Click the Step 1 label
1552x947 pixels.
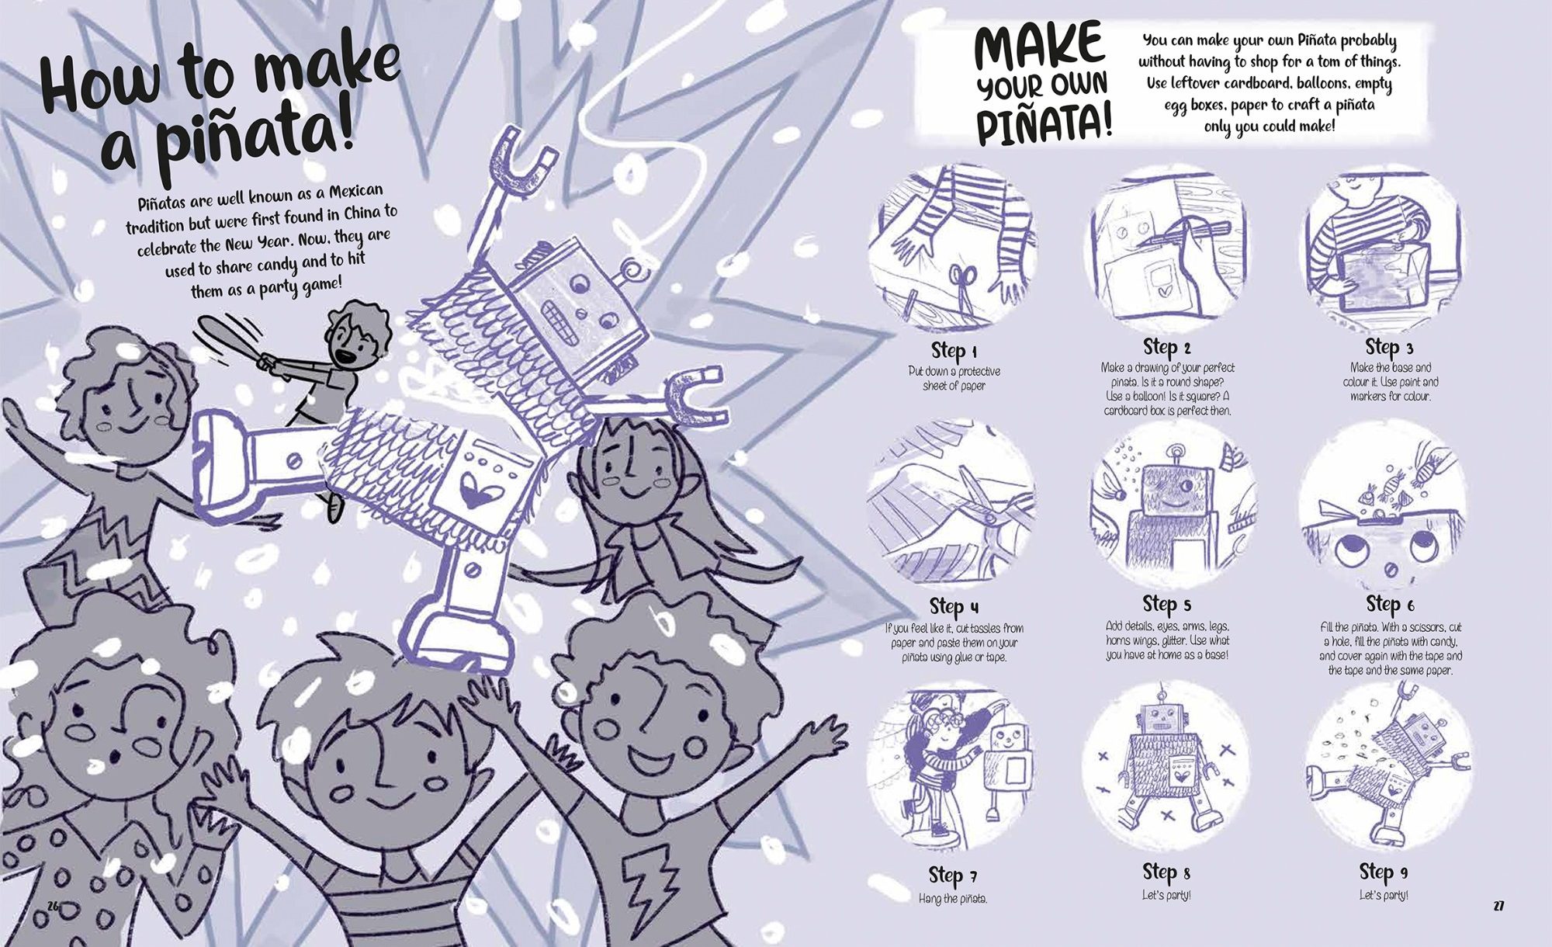tap(954, 351)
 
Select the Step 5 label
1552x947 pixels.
tap(1166, 605)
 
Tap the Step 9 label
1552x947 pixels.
tap(1384, 871)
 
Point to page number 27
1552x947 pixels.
tap(1498, 906)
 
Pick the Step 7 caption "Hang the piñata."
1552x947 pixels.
tap(953, 899)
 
